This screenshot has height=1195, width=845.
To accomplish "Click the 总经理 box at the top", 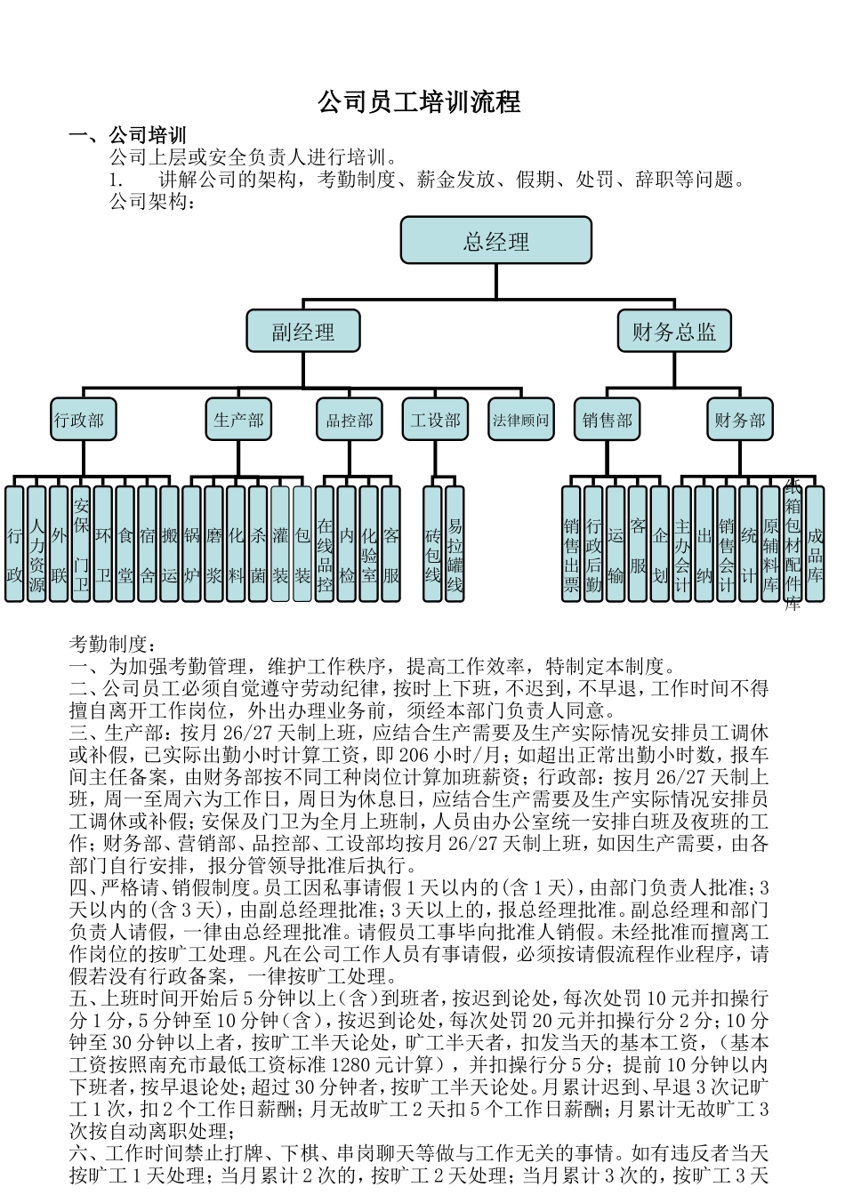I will (495, 240).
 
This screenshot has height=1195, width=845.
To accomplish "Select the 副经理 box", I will (303, 332).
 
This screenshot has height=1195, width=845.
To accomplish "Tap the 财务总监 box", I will (674, 332).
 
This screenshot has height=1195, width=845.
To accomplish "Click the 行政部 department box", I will (79, 420).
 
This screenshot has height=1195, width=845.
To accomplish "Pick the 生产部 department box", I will (238, 420).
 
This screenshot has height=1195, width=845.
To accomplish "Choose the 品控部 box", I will (349, 420).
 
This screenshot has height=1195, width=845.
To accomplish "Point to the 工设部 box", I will (436, 420).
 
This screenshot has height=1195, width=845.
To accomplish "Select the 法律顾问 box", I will (521, 420).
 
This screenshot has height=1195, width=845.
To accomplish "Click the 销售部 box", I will (608, 420).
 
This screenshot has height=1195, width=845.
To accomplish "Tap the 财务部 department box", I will (740, 420).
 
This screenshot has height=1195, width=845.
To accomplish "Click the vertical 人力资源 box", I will (36, 543).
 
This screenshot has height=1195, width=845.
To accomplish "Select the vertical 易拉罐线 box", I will (455, 543).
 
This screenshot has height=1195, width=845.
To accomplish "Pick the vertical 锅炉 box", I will (192, 543).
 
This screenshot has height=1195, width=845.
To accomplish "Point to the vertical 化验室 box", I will (369, 543).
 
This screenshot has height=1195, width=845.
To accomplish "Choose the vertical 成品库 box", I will (815, 543).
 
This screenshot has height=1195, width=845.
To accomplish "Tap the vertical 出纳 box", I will (704, 543).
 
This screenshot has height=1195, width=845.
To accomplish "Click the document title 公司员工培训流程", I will (419, 102).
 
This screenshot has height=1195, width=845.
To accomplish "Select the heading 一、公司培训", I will (128, 135).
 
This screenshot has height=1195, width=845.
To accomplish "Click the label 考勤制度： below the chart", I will (113, 644).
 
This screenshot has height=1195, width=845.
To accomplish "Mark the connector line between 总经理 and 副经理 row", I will (495, 283).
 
